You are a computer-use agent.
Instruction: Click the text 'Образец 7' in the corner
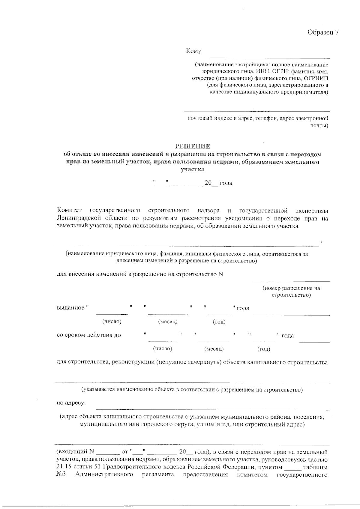pos(323,32)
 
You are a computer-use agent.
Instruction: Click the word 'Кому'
pos(193,51)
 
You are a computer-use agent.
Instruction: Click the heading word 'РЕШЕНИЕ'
pos(193,146)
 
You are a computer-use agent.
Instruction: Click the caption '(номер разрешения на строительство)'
pos(291,292)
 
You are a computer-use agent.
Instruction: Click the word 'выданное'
pos(71,308)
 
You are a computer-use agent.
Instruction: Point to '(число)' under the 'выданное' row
pos(112,322)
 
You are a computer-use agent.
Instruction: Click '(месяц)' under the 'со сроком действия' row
pos(214,349)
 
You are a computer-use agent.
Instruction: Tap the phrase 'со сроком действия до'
pos(89,335)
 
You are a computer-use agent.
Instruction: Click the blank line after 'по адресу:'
pos(212,409)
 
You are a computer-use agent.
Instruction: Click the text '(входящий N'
pos(75,452)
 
